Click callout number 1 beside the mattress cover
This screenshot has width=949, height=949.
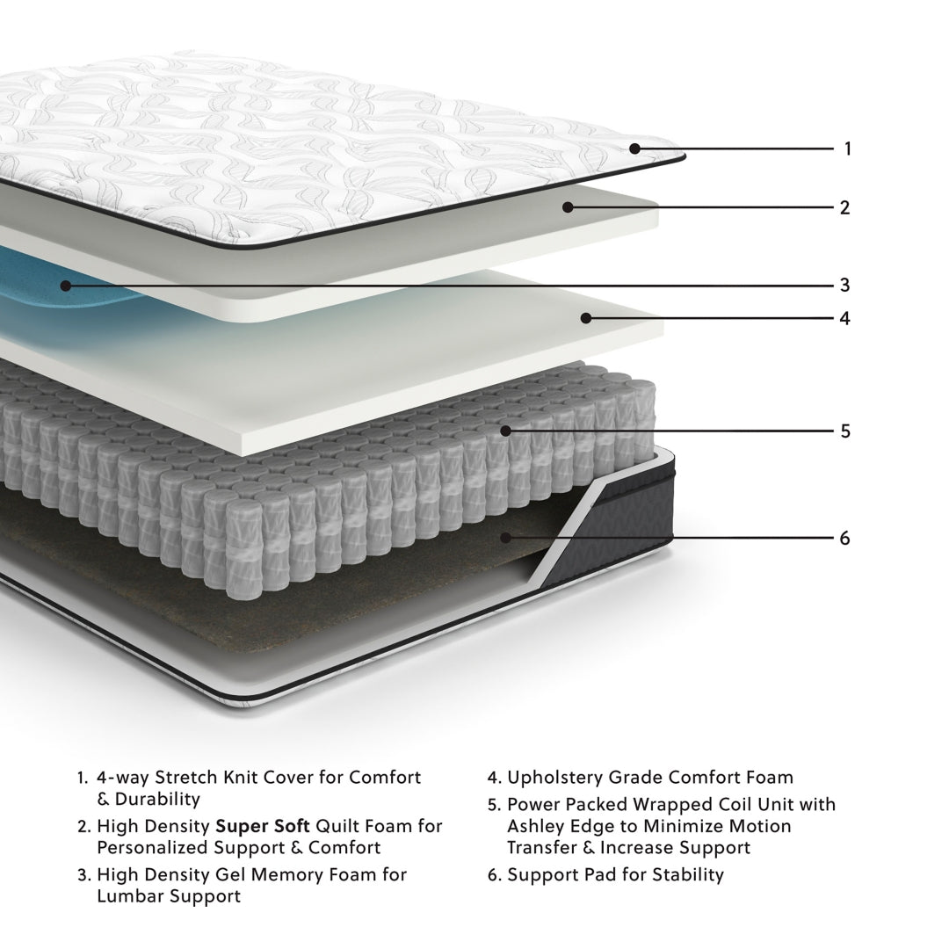pyautogui.click(x=847, y=149)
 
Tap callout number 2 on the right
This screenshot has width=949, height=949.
pyautogui.click(x=844, y=208)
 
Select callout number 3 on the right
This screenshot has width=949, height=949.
pyautogui.click(x=844, y=285)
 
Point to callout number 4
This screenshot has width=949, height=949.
pyautogui.click(x=844, y=317)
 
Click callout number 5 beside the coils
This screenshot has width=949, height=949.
pyautogui.click(x=845, y=431)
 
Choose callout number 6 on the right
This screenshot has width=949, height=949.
pyautogui.click(x=844, y=538)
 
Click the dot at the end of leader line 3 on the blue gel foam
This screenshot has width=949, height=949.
pyautogui.click(x=65, y=285)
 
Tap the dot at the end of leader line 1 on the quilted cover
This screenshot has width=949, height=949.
pyautogui.click(x=634, y=149)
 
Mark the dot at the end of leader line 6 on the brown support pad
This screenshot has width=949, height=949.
pyautogui.click(x=506, y=538)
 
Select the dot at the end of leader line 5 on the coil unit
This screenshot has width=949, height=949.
pyautogui.click(x=505, y=431)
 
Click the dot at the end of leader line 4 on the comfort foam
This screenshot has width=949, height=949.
pyautogui.click(x=585, y=317)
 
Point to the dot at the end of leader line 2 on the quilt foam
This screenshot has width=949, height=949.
pyautogui.click(x=569, y=208)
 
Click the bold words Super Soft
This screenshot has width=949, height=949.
pyautogui.click(x=262, y=826)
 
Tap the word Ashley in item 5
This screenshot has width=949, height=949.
pyautogui.click(x=533, y=826)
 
